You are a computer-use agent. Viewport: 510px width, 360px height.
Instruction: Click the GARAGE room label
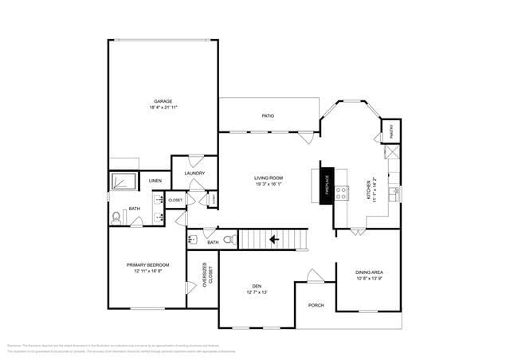point(163,101)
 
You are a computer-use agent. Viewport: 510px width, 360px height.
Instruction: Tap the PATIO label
point(269,116)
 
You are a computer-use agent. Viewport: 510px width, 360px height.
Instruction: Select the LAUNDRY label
point(194,173)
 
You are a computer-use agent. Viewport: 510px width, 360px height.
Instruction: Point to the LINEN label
point(155,181)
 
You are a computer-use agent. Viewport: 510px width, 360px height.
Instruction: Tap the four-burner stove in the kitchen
point(342,191)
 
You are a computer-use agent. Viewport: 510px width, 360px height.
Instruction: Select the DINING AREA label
point(369,272)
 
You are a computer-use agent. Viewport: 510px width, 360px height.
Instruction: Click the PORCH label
point(316,304)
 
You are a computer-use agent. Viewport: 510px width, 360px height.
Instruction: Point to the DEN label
point(257,287)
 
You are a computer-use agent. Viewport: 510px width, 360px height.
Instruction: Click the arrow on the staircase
point(273,238)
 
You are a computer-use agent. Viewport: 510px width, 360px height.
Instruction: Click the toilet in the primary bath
point(116,216)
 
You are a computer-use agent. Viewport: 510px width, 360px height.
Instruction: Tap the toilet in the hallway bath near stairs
point(229,239)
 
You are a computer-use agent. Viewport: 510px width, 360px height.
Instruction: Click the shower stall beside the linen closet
point(124,181)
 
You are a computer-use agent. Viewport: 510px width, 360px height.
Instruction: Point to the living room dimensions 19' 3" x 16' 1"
point(269,184)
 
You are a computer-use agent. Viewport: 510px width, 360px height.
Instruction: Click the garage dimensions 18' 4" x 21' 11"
point(163,108)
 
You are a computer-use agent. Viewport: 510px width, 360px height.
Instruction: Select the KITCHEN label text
point(369,191)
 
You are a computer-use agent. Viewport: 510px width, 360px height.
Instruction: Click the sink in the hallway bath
point(193,238)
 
